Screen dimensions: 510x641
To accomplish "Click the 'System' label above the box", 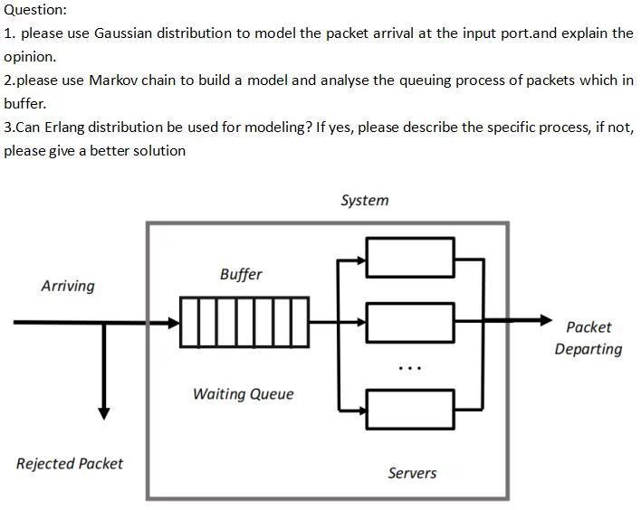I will pos(364,201).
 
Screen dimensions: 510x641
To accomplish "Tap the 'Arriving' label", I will pos(68,286).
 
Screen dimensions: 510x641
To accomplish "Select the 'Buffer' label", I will pos(241,274).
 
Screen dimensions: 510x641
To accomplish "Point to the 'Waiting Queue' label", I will pos(243,394).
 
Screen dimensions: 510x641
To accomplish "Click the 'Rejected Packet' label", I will pos(70,464).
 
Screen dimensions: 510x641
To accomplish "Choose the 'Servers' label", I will pos(412,473).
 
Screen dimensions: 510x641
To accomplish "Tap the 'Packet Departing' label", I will pos(588,338).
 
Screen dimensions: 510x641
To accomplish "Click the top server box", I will pos(409,257).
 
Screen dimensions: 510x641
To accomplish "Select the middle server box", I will pos(409,322).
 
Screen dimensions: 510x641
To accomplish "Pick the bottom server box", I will pos(409,409).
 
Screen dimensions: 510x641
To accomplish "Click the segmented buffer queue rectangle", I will pos(244,322).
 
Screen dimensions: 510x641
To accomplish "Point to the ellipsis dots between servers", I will pos(409,368).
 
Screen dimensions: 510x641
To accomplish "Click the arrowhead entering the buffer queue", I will pos(173,322).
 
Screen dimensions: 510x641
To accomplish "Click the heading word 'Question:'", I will pos(35,10).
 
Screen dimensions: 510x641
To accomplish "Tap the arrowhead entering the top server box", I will pos(359,260).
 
